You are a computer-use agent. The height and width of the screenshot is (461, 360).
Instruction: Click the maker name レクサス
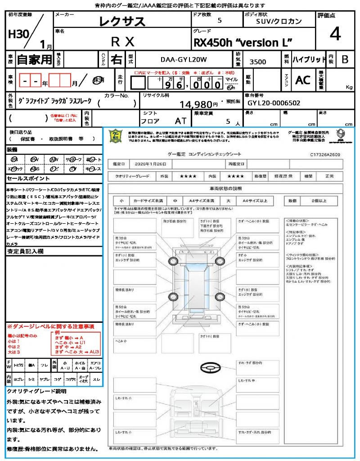(x=122, y=21)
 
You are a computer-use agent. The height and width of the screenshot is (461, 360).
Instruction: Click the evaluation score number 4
(x=335, y=34)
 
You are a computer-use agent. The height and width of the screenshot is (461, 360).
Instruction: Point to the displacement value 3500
(x=257, y=62)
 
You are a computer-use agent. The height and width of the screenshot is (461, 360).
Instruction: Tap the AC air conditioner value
(x=302, y=80)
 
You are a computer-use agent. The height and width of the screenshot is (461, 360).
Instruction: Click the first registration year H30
(x=17, y=34)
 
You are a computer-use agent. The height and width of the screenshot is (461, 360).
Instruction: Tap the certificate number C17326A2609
(x=325, y=154)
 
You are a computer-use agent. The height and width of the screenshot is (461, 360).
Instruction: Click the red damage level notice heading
(x=50, y=326)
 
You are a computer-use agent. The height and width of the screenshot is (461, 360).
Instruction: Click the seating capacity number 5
(x=228, y=121)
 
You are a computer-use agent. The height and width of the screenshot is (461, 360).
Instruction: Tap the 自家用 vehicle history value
(x=35, y=59)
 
